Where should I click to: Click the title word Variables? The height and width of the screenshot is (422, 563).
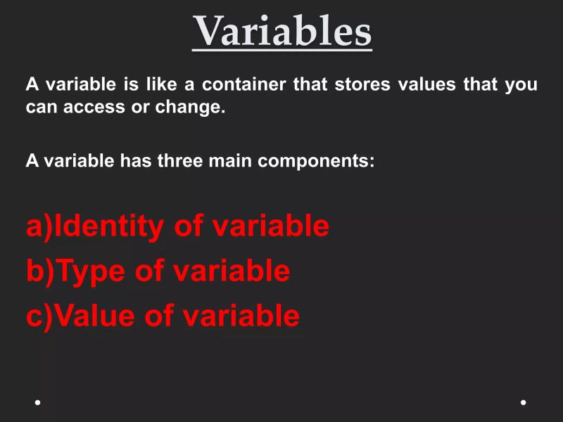(x=282, y=31)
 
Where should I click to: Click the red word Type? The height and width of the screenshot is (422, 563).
(x=91, y=271)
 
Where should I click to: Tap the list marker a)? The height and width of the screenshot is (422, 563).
(x=39, y=226)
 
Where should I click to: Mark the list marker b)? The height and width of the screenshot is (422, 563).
(x=39, y=271)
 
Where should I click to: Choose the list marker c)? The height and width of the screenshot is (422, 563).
(x=39, y=316)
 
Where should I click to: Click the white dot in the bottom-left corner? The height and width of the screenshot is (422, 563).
(x=37, y=402)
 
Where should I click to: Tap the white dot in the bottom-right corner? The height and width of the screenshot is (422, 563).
(x=524, y=402)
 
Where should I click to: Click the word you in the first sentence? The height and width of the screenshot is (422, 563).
(x=521, y=85)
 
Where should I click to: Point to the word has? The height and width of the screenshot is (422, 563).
(x=136, y=161)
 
